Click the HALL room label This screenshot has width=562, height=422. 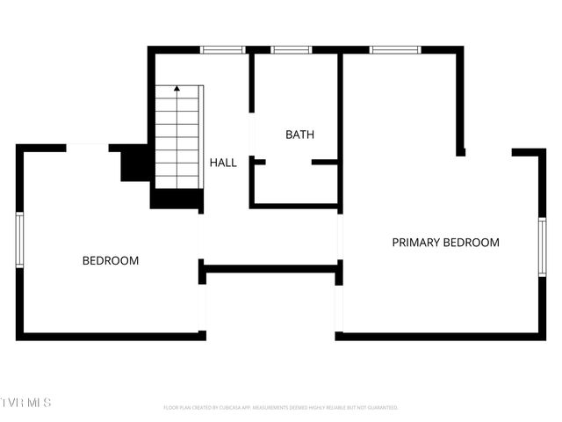tap(223, 163)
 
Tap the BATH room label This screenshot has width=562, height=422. tap(299, 135)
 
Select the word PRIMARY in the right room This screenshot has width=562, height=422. tap(416, 243)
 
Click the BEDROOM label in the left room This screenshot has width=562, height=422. tap(111, 260)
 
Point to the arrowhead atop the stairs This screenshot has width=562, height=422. tap(177, 89)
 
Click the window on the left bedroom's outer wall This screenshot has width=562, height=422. tap(19, 240)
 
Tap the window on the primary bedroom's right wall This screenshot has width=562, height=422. tap(542, 247)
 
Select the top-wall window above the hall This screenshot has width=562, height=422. tap(223, 50)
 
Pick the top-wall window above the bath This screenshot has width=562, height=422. tap(292, 50)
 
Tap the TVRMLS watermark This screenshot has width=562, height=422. tap(26, 403)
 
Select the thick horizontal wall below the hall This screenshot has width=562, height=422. tap(270, 268)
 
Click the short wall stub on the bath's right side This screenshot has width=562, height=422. tap(325, 162)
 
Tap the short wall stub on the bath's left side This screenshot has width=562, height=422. tap(258, 162)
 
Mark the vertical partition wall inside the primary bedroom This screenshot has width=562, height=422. tap(460, 101)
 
